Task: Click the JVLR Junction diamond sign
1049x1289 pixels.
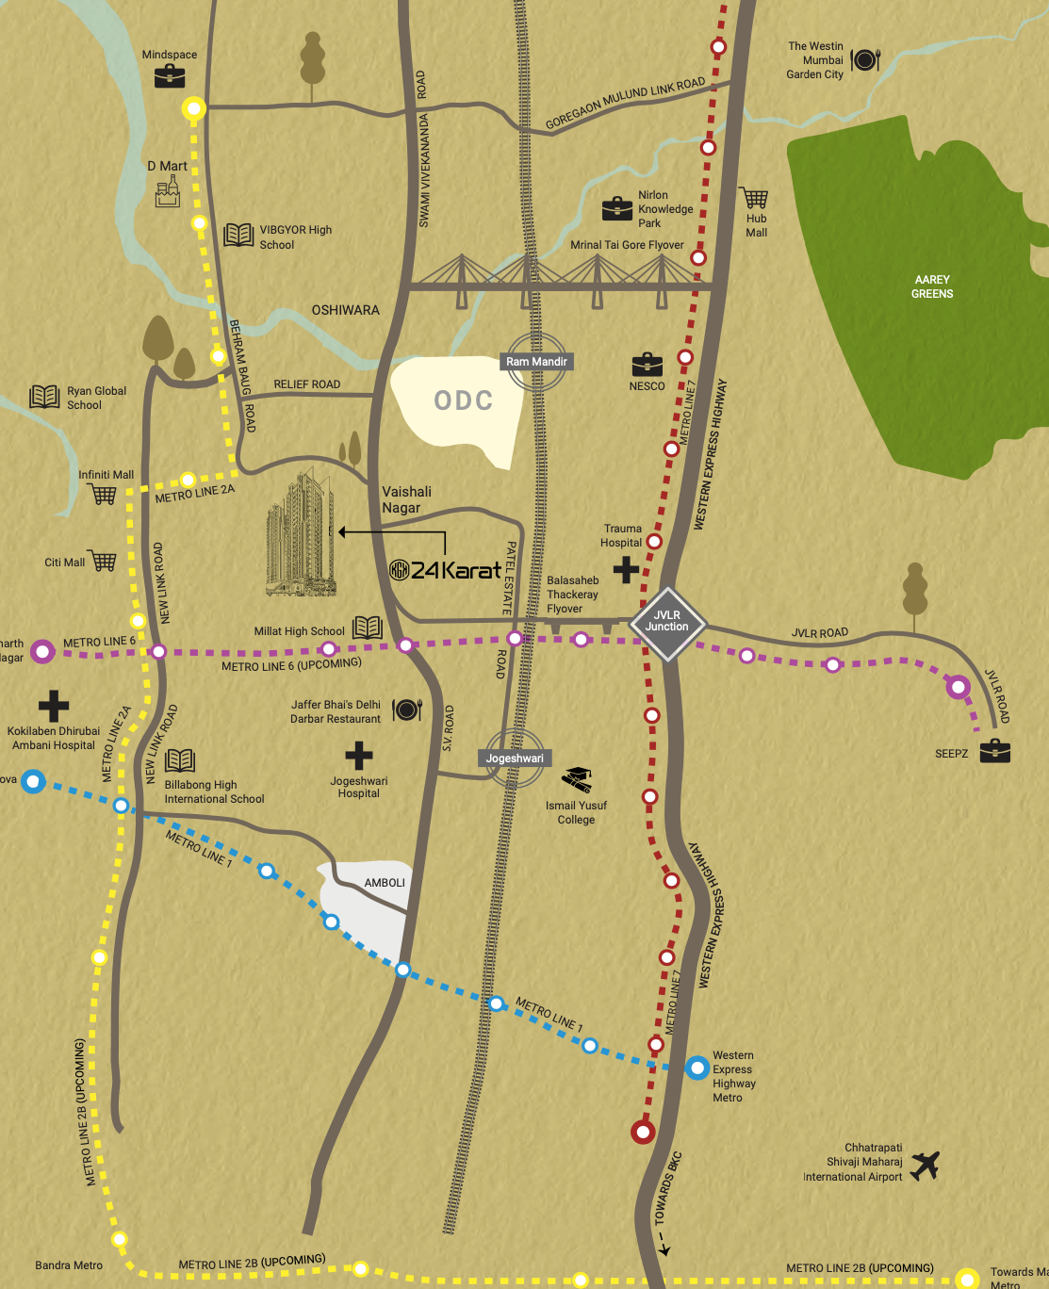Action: click(667, 622)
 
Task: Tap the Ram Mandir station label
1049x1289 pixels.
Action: click(536, 362)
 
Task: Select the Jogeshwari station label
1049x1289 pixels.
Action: click(515, 759)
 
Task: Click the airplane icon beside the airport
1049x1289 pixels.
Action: click(926, 1165)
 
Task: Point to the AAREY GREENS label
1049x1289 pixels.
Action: click(932, 286)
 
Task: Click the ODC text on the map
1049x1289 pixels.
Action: click(464, 401)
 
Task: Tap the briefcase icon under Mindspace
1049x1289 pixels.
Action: click(170, 75)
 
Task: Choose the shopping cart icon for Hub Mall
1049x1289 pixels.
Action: click(755, 198)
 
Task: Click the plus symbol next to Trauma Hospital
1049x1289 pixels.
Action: click(626, 569)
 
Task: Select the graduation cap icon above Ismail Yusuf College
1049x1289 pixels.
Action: click(577, 779)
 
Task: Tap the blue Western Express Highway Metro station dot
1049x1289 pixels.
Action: click(697, 1068)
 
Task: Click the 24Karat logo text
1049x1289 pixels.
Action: click(446, 570)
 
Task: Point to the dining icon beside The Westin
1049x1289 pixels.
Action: click(864, 60)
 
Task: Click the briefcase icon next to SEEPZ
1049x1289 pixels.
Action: click(994, 751)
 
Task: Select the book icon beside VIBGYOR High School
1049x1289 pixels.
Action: click(238, 235)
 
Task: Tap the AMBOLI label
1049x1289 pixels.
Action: click(385, 883)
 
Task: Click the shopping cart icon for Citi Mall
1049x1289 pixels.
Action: click(103, 562)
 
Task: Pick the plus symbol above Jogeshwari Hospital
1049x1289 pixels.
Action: click(358, 755)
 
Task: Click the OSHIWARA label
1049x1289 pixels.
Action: click(346, 310)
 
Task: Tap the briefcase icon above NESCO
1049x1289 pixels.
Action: click(647, 365)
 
